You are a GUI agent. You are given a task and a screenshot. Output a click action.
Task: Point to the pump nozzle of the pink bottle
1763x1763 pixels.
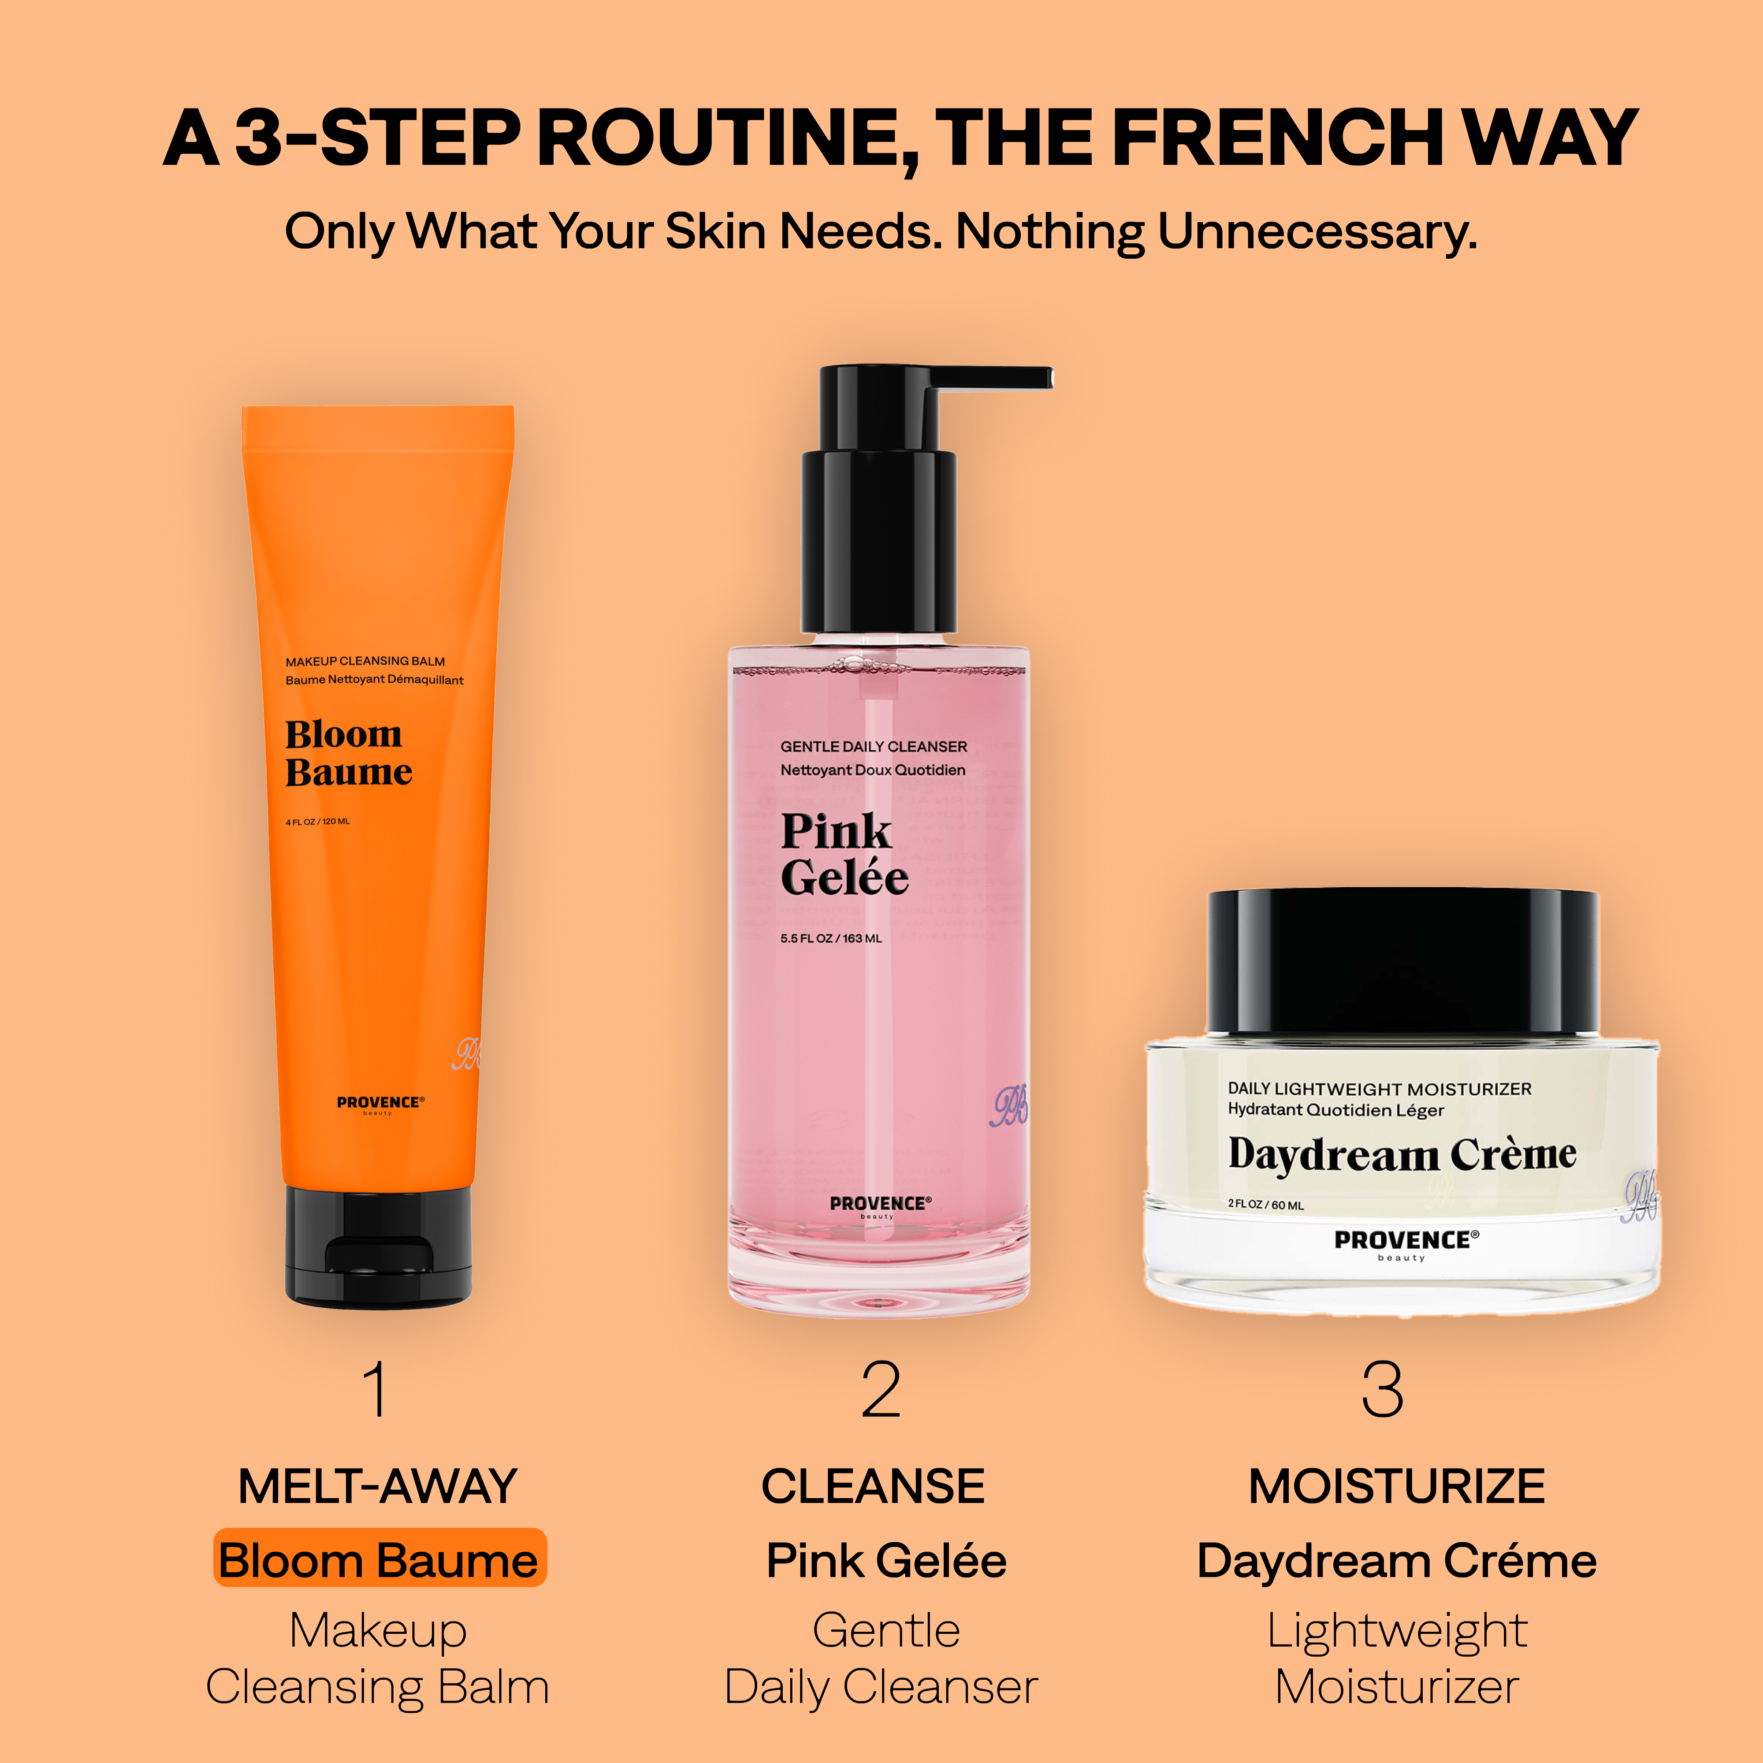990,378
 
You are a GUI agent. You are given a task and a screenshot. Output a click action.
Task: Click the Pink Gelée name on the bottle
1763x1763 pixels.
844,854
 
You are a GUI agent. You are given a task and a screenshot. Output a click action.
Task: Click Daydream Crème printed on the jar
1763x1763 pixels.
1402,1154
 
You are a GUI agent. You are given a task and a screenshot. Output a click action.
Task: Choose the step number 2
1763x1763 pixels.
881,1390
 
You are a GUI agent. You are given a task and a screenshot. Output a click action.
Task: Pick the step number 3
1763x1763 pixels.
1383,1390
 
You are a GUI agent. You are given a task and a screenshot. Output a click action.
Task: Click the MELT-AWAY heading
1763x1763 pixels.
378,1487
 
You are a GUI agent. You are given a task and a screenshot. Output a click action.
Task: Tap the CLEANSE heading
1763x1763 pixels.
873,1487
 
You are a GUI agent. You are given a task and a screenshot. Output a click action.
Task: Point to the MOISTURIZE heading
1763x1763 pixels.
1397,1487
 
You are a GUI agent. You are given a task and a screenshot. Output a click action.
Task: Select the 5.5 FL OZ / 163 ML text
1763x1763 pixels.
830,938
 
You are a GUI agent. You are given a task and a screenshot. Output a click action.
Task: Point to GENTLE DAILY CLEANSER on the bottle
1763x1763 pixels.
873,747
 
